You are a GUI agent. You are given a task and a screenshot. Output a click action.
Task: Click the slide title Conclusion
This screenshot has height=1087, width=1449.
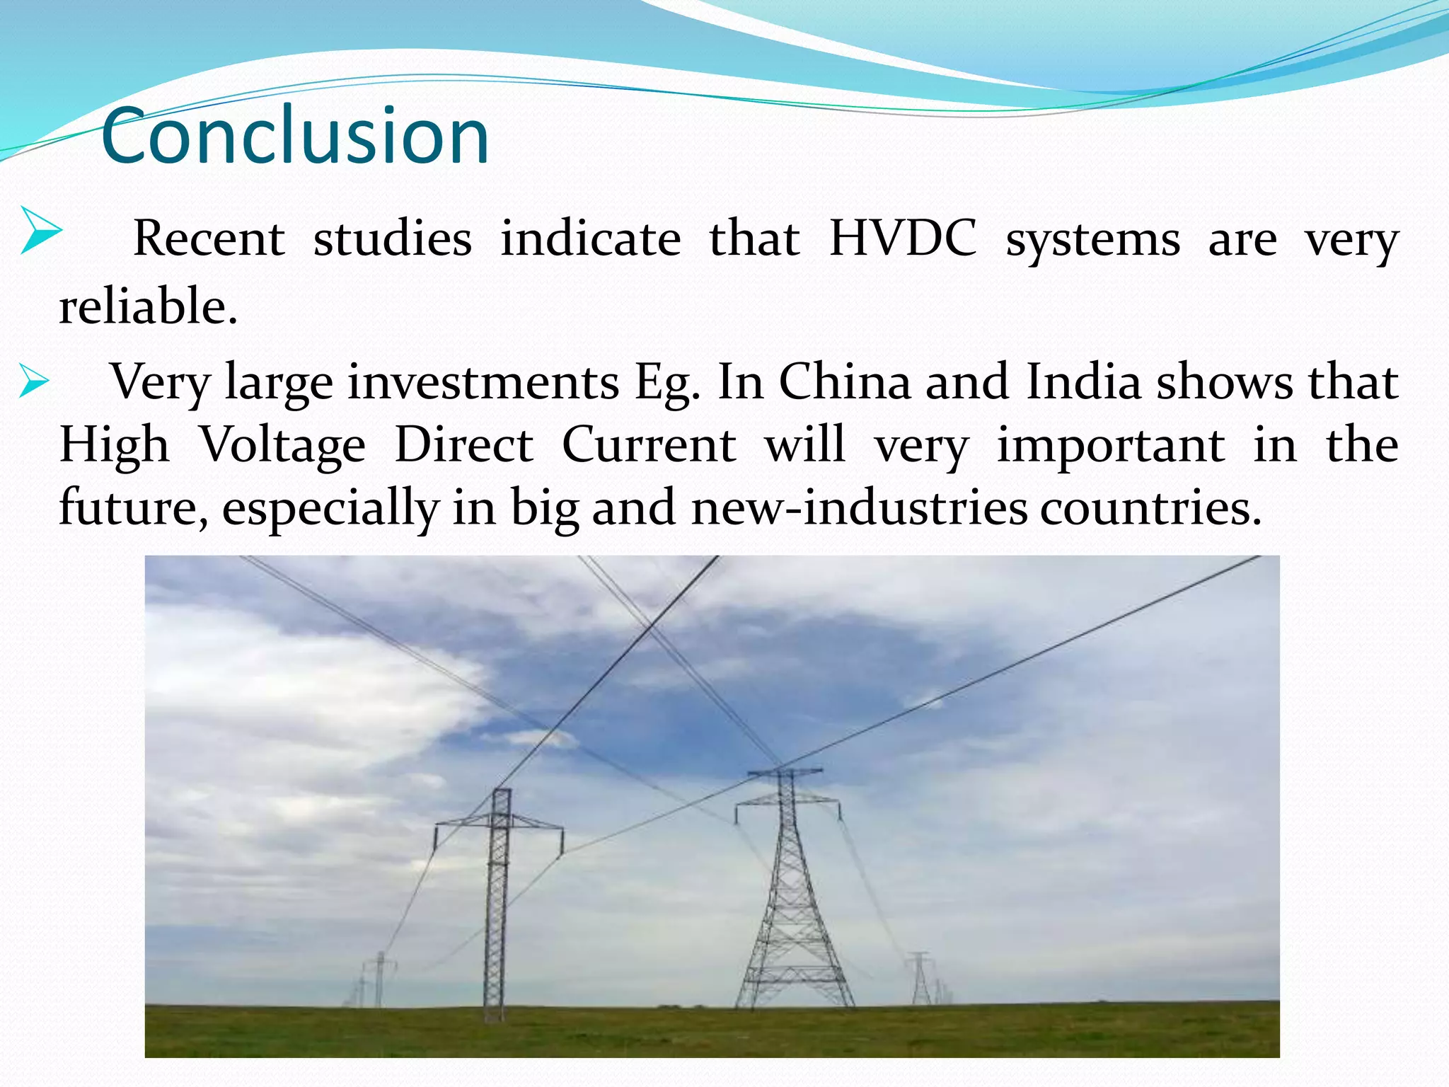(x=295, y=135)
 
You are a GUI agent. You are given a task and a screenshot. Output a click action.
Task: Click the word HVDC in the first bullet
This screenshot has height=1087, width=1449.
(x=902, y=238)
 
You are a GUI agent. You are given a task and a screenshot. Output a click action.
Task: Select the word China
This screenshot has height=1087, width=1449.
(x=845, y=382)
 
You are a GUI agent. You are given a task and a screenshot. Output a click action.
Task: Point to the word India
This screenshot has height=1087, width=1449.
(x=1083, y=382)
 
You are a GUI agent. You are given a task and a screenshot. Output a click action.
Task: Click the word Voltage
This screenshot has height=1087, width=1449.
(x=282, y=445)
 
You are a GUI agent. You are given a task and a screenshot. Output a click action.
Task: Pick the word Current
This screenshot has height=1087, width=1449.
(x=649, y=445)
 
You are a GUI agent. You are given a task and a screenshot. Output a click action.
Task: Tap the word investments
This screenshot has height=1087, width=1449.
(x=483, y=382)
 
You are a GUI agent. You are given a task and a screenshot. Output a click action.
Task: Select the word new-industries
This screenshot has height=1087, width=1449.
(x=859, y=507)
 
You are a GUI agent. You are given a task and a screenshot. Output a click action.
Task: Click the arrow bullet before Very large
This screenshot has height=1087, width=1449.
(x=33, y=381)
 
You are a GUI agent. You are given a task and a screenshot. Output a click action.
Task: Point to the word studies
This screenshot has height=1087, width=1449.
(x=393, y=238)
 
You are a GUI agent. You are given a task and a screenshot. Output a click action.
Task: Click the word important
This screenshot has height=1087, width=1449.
(x=1111, y=445)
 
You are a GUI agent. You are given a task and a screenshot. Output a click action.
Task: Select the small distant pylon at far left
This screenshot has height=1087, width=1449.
(x=380, y=980)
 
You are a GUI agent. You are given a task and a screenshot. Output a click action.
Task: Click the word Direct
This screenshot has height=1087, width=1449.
(x=463, y=445)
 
